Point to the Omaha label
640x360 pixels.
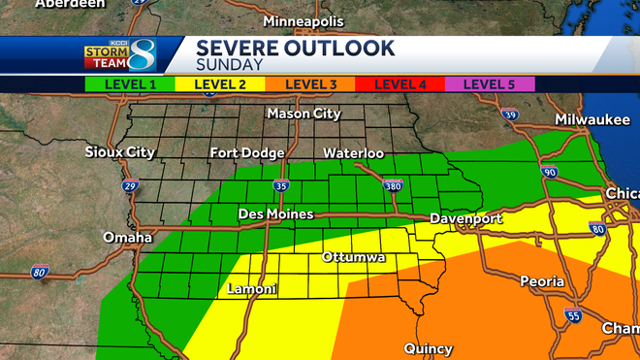(x=128, y=238)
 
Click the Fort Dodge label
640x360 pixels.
(x=247, y=153)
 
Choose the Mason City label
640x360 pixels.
(x=304, y=114)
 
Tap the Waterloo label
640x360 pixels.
(x=353, y=153)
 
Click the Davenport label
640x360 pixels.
(x=466, y=219)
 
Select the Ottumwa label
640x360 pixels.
(x=354, y=258)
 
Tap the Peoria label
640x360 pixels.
(x=541, y=281)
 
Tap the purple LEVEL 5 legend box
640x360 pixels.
(x=490, y=84)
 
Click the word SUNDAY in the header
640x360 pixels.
(x=229, y=65)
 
